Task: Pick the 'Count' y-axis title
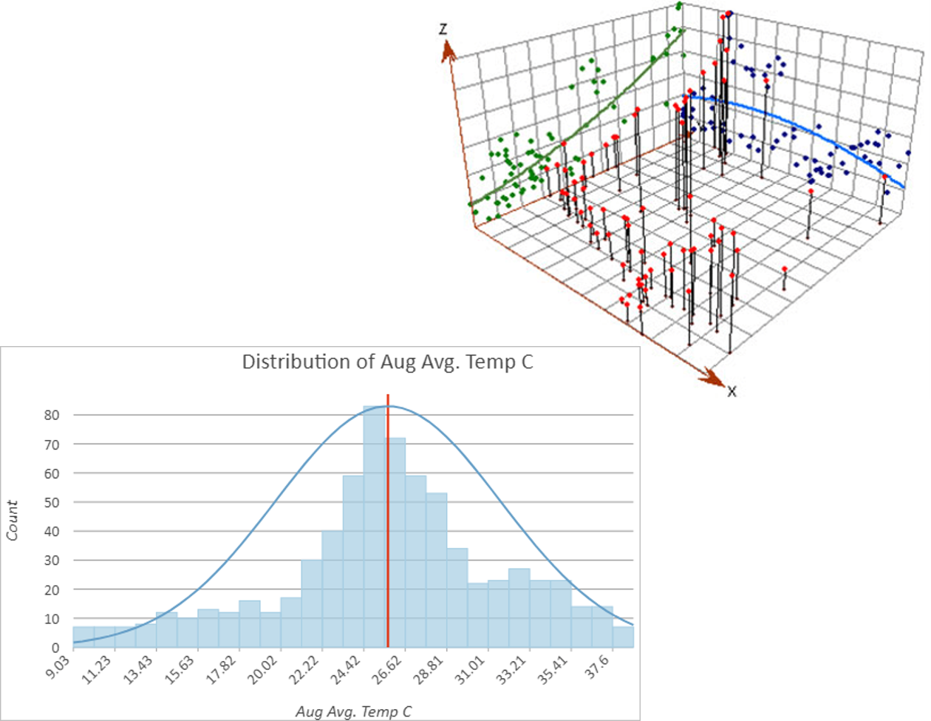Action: pos(13,520)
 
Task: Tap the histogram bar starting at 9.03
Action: pos(83,637)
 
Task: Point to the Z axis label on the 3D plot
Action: pos(442,29)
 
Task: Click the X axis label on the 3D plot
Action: pos(731,391)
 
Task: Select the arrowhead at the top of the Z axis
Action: pos(446,50)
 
